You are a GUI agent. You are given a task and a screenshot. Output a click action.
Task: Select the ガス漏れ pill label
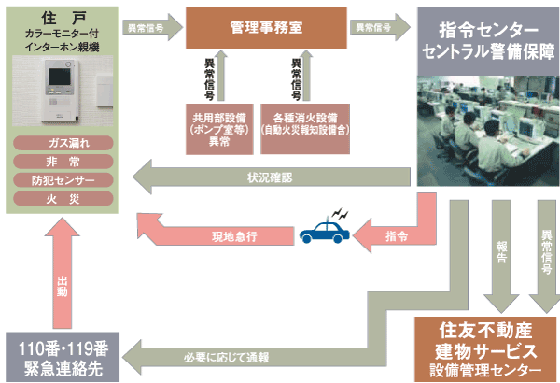coord(63,143)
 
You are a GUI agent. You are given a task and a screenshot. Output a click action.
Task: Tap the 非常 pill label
coord(63,161)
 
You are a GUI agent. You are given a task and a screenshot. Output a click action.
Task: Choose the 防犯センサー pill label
coord(63,179)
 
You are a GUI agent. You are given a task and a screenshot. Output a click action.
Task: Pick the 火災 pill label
coord(63,198)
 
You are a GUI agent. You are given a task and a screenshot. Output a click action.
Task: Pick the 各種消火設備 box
coord(305,127)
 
